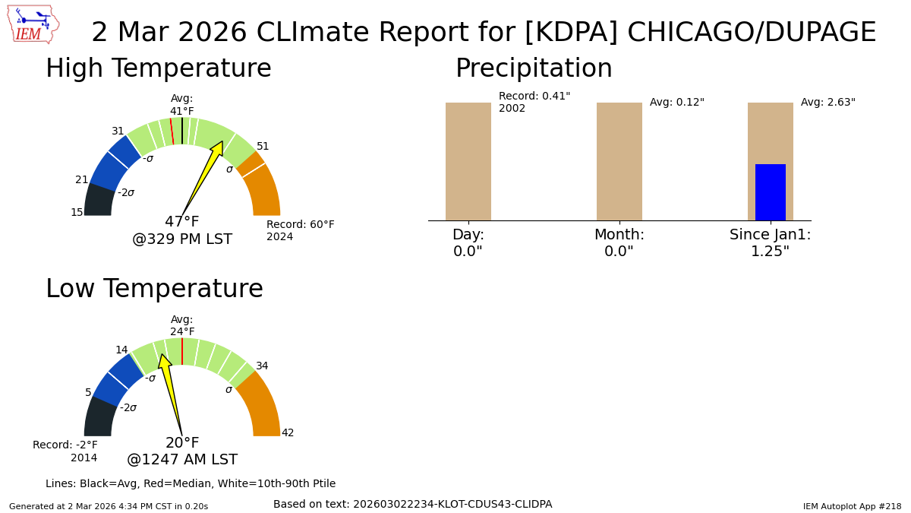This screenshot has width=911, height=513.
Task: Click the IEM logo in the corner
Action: [x=33, y=24]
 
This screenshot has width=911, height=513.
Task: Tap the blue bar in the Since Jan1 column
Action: [x=771, y=192]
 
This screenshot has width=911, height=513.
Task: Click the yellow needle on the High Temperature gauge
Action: [x=203, y=178]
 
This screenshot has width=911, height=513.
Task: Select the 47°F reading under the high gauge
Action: [x=181, y=221]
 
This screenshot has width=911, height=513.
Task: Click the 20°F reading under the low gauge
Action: [x=181, y=442]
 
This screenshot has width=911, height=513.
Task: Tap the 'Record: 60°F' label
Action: [x=300, y=224]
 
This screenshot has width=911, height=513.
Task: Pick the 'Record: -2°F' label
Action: [x=65, y=445]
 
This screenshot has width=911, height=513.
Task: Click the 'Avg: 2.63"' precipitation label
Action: [x=828, y=102]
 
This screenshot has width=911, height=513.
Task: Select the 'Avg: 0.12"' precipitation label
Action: [x=676, y=102]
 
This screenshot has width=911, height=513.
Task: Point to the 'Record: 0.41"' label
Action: [x=534, y=96]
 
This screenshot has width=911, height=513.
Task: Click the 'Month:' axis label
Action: [x=619, y=235]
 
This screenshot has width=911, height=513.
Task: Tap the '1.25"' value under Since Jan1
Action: [x=770, y=252]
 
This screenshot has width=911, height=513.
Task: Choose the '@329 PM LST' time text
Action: [x=182, y=239]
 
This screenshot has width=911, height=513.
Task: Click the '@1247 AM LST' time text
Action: [x=182, y=460]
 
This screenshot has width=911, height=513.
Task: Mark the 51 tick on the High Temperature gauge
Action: [x=263, y=146]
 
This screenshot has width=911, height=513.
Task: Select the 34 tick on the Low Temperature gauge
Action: [x=262, y=366]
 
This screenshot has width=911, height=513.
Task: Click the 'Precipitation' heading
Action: [x=534, y=68]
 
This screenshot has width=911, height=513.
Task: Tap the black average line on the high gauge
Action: [x=182, y=131]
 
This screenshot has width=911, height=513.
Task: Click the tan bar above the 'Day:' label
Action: [x=468, y=162]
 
